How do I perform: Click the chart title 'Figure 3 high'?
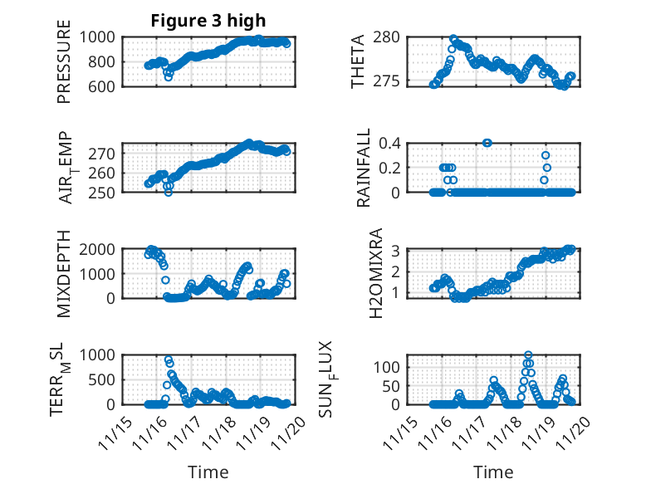pyautogui.click(x=208, y=20)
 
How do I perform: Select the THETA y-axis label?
pyautogui.click(x=358, y=61)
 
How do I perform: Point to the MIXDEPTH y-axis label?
pyautogui.click(x=65, y=273)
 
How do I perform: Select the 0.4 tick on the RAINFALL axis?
pyautogui.click(x=391, y=143)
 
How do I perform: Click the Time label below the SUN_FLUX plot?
pyautogui.click(x=493, y=472)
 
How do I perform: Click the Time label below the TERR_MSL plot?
pyautogui.click(x=208, y=472)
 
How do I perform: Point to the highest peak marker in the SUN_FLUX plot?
pyautogui.click(x=528, y=355)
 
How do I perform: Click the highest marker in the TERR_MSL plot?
pyautogui.click(x=169, y=360)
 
